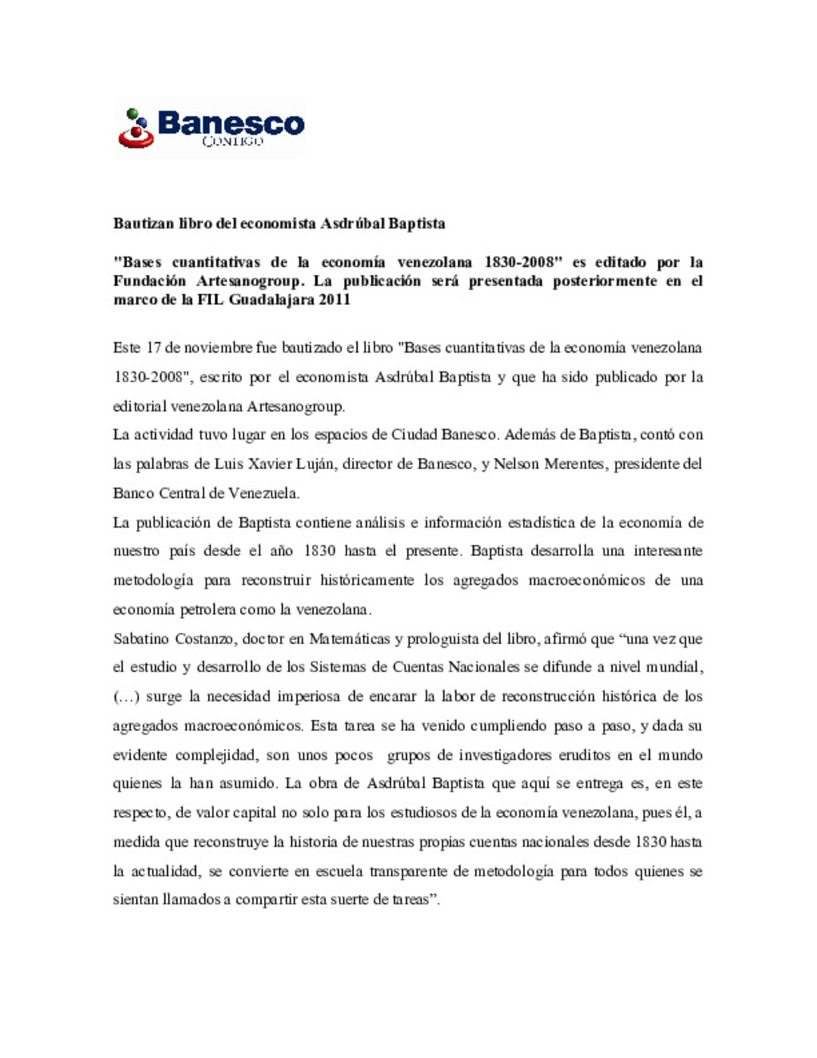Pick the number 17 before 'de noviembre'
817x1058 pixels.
(x=154, y=347)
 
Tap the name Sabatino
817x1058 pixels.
(x=141, y=639)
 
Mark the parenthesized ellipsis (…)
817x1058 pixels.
(x=126, y=697)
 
